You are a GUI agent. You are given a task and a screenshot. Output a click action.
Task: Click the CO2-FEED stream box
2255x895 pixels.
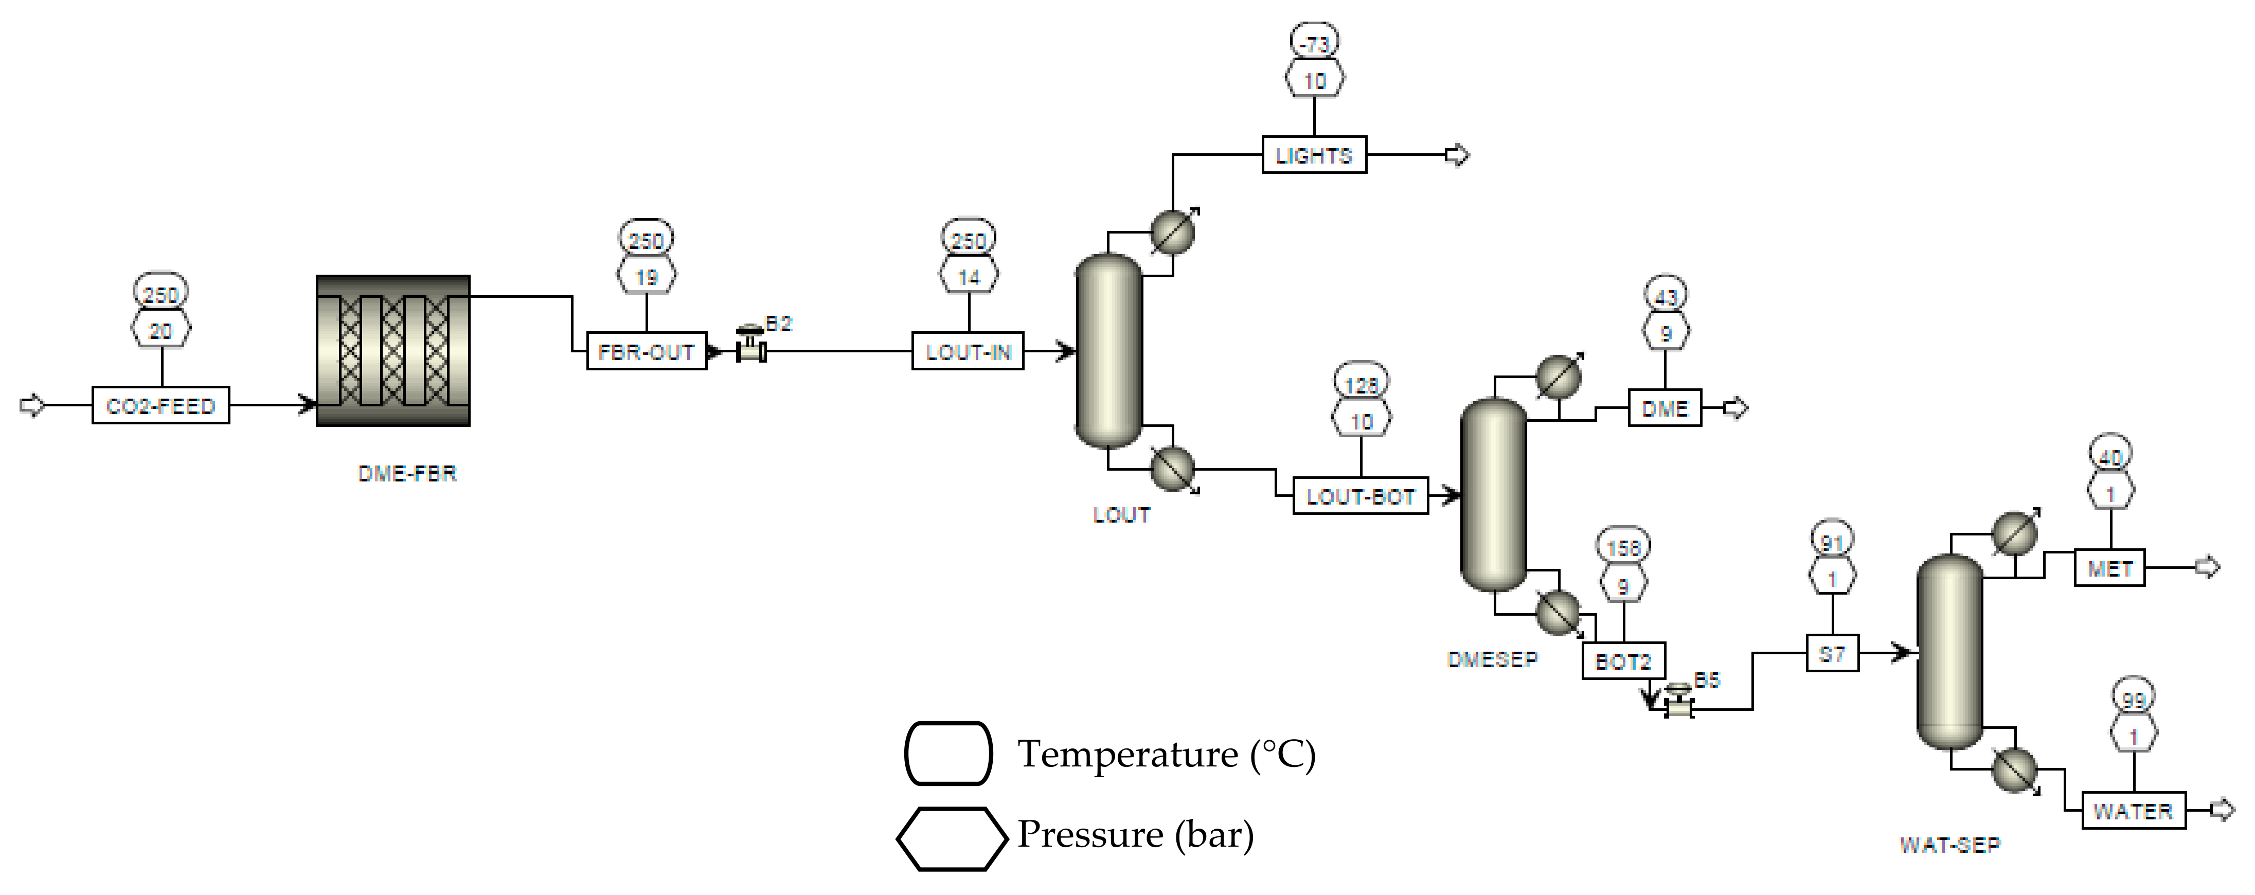(x=160, y=405)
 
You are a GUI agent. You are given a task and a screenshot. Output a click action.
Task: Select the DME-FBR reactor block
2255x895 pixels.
(x=393, y=350)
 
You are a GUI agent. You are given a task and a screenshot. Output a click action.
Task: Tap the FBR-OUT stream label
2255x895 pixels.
(x=646, y=351)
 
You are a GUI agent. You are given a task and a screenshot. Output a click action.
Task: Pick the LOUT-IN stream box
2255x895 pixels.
(x=968, y=351)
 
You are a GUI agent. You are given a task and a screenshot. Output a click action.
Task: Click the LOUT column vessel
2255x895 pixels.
(x=1108, y=350)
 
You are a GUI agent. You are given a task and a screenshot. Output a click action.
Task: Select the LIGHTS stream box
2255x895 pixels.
(x=1313, y=155)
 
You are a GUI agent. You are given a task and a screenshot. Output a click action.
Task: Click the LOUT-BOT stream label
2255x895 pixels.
(x=1361, y=496)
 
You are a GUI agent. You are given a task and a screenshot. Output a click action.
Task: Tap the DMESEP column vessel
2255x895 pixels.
(x=1493, y=495)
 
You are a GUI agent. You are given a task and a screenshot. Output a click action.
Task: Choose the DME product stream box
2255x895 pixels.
(x=1664, y=408)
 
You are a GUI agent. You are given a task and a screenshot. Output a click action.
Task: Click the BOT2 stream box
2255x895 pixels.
(x=1623, y=661)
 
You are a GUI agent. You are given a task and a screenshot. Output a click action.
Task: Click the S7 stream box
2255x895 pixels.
(x=1832, y=653)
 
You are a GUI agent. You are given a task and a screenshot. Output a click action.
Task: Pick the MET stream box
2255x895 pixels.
(x=2109, y=568)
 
